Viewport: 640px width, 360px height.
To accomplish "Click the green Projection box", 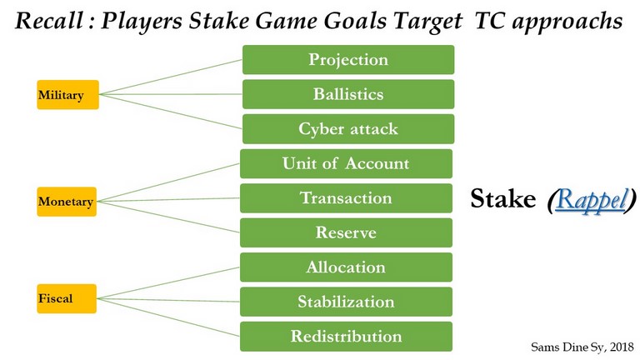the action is pyautogui.click(x=348, y=60).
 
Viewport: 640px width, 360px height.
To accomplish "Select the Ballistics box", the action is pyautogui.click(x=348, y=94).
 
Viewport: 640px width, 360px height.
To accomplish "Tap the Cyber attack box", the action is pyautogui.click(x=348, y=129).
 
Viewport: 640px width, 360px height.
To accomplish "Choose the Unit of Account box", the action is pyautogui.click(x=346, y=163).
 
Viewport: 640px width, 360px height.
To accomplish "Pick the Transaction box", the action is pyautogui.click(x=346, y=198).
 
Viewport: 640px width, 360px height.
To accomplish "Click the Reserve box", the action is pyautogui.click(x=346, y=232).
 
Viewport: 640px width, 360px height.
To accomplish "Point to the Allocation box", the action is pyautogui.click(x=346, y=267).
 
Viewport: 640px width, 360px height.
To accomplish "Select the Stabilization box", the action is pyautogui.click(x=346, y=302).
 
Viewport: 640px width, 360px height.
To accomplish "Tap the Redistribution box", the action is pyautogui.click(x=346, y=337).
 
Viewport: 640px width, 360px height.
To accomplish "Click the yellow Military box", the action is pyautogui.click(x=67, y=95).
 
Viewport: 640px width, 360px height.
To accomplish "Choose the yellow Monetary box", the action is pyautogui.click(x=67, y=202).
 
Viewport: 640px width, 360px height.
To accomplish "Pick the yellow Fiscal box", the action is pyautogui.click(x=67, y=299).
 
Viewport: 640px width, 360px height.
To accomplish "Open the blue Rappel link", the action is pyautogui.click(x=591, y=200).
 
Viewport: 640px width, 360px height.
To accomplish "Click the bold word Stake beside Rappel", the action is pyautogui.click(x=502, y=199).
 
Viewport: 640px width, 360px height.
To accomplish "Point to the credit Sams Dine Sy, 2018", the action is pyautogui.click(x=582, y=347).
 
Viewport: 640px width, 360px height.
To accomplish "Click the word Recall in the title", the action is pyautogui.click(x=48, y=20).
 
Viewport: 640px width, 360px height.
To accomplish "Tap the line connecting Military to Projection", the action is pyautogui.click(x=171, y=77).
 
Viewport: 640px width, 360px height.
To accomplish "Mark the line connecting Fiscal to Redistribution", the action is pyautogui.click(x=168, y=317).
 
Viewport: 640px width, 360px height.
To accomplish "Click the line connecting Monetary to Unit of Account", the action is pyautogui.click(x=168, y=182).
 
